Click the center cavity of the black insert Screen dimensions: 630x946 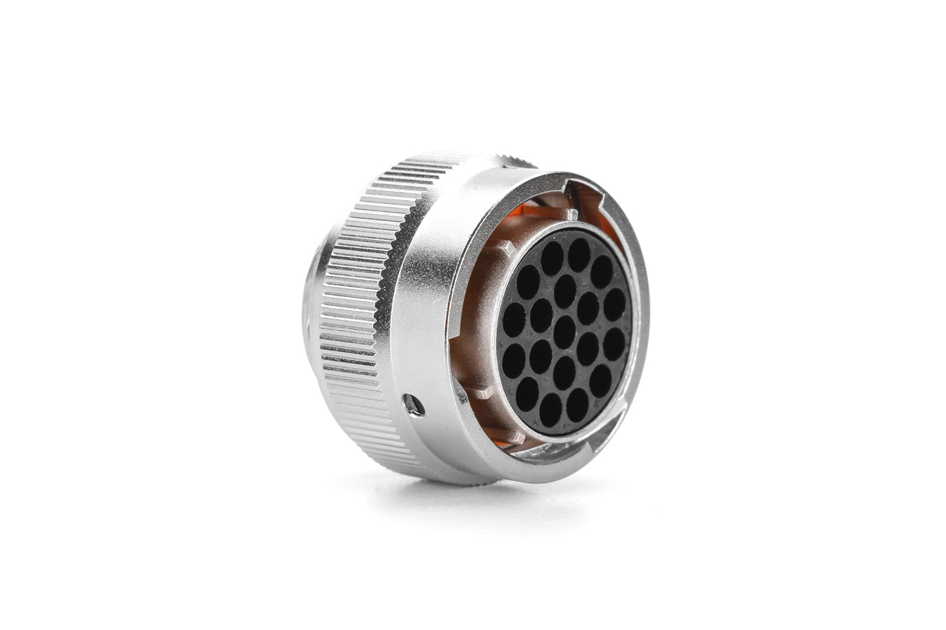564,325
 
